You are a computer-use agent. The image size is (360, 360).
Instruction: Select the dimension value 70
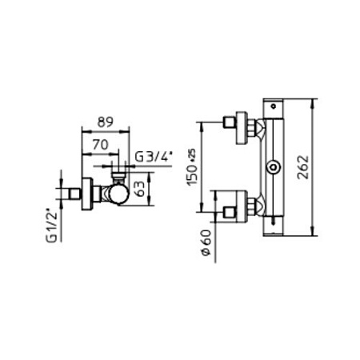click(x=101, y=145)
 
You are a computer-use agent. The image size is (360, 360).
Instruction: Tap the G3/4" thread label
click(x=150, y=157)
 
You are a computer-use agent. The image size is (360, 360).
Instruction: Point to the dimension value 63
click(x=141, y=187)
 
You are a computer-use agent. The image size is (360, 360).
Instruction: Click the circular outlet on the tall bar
click(x=274, y=167)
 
